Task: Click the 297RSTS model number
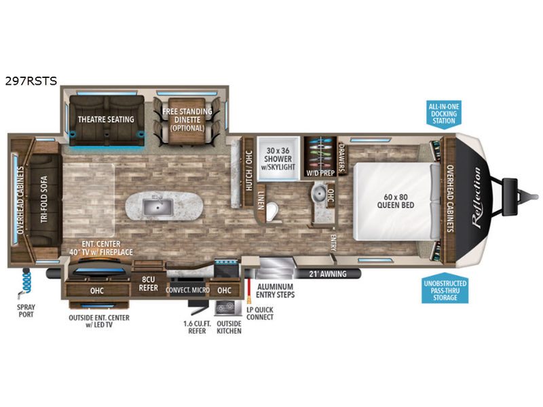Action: coord(31,81)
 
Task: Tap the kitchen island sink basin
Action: coord(158,207)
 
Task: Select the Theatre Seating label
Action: coord(106,119)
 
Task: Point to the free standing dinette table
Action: coord(187,121)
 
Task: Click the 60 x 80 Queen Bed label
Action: coord(396,201)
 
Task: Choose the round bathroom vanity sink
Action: coord(318,193)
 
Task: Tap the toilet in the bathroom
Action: coord(273,212)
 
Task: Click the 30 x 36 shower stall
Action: coord(278,159)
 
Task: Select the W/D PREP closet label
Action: coord(320,172)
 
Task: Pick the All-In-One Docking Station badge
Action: coord(444,114)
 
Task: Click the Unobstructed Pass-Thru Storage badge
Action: coord(445,290)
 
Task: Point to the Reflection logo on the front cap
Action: coord(477,197)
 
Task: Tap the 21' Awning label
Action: coord(328,274)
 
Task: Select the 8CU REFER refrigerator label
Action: coord(148,284)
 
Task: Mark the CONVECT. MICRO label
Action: coord(187,290)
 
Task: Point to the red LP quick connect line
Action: coord(248,289)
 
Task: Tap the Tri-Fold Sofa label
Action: coord(44,199)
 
